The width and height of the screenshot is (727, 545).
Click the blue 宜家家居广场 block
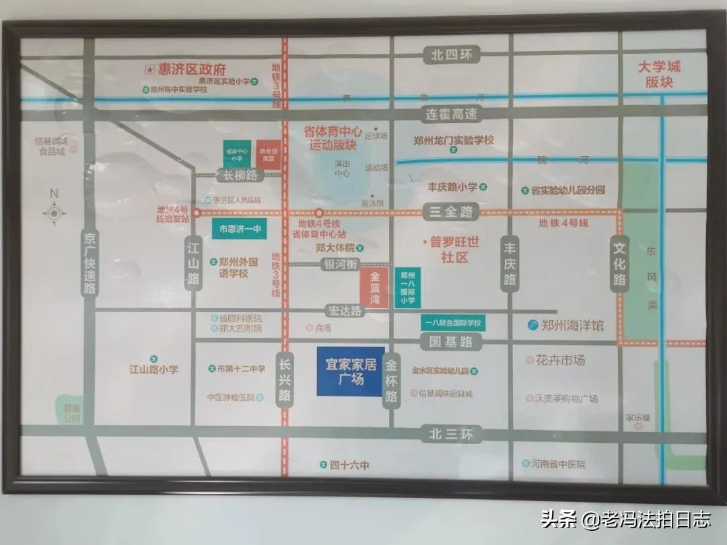coord(350,371)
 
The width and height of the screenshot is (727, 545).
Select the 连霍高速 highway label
coord(451,114)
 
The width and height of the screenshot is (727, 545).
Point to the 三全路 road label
coord(451,212)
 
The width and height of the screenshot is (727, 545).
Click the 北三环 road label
coord(450,434)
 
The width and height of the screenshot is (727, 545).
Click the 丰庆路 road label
coord(510,264)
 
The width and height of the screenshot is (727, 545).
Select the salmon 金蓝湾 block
coord(374,287)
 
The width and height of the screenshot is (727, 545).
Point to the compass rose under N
coord(54,213)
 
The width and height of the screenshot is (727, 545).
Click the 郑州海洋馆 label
coord(565,326)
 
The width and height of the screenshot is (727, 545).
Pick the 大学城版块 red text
coord(659,74)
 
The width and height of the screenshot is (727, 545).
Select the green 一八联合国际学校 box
coord(453,324)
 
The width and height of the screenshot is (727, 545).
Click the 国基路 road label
coord(451,342)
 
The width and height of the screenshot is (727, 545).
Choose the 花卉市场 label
coord(560,361)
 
